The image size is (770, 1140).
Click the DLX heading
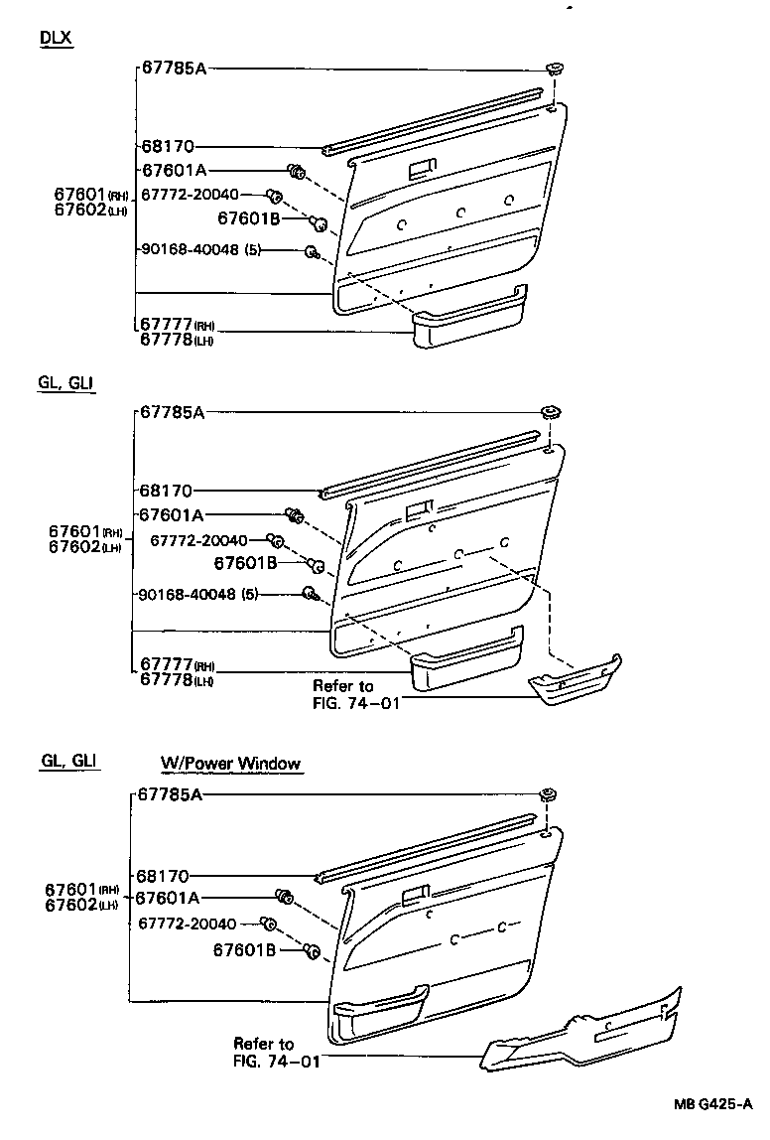pos(56,38)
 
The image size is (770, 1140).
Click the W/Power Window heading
pos(231,764)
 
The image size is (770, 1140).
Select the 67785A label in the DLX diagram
pos(173,69)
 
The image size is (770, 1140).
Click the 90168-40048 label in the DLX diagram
pos(190,250)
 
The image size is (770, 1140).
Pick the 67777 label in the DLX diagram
pos(165,325)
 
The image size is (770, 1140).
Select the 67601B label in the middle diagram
pos(243,564)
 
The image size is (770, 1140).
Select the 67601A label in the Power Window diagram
pos(168,898)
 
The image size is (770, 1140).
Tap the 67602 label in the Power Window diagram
pos(71,904)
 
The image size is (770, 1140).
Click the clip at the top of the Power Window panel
pos(547,794)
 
